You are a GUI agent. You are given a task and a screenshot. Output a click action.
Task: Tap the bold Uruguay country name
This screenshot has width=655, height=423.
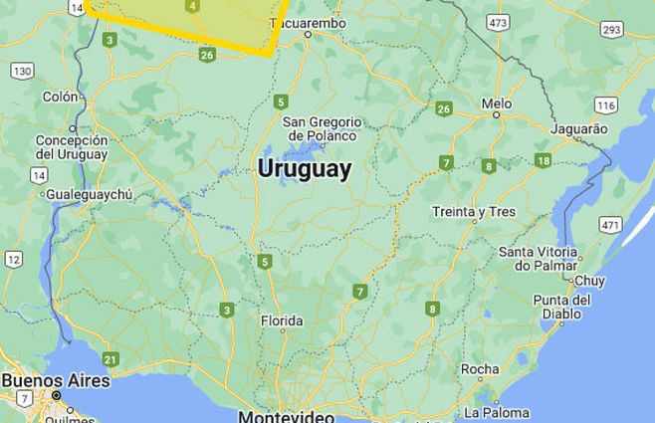(x=305, y=168)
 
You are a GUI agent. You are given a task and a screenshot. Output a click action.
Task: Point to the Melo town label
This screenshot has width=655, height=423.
(x=496, y=104)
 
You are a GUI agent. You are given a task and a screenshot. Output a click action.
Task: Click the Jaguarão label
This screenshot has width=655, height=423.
(x=578, y=129)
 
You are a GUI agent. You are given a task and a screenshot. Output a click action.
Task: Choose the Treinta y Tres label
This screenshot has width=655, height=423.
(x=474, y=212)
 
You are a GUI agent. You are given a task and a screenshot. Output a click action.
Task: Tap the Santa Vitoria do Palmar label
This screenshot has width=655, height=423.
(x=539, y=258)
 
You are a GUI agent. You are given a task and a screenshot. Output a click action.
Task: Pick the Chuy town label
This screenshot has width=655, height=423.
(x=589, y=282)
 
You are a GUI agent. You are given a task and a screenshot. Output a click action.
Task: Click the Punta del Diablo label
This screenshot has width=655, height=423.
(x=562, y=307)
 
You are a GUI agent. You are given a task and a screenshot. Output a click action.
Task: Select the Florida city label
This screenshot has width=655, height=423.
(x=281, y=321)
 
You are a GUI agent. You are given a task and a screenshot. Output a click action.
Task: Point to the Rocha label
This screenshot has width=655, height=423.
(x=480, y=369)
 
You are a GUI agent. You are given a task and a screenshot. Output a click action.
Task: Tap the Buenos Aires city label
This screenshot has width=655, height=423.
(x=56, y=381)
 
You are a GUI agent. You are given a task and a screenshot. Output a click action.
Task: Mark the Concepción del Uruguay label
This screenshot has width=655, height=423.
(x=72, y=147)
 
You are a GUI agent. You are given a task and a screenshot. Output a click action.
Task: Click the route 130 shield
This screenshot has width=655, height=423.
(x=22, y=71)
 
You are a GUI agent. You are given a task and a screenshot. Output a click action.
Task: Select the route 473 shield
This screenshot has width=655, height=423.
(x=498, y=22)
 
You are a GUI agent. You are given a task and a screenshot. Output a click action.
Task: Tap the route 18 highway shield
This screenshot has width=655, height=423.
(x=543, y=160)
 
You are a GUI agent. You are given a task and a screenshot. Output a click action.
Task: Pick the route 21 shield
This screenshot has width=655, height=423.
(x=109, y=359)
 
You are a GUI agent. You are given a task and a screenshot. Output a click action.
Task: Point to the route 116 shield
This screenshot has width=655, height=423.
(x=605, y=105)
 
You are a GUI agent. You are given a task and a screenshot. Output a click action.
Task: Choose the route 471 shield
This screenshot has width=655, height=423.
(x=611, y=225)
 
